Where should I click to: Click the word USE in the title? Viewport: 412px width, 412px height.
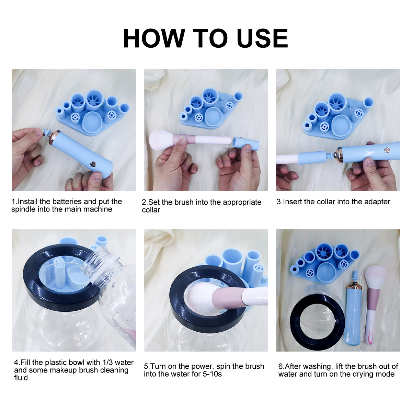pos(262,38)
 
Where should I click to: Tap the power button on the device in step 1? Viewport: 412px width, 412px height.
pos(93,164)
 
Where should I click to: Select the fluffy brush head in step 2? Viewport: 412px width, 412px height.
pos(161,139)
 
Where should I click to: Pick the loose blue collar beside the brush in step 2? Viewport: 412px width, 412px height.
pos(246,143)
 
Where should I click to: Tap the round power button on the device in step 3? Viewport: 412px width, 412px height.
pos(387,150)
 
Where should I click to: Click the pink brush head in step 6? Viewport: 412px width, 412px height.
pos(376,277)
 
